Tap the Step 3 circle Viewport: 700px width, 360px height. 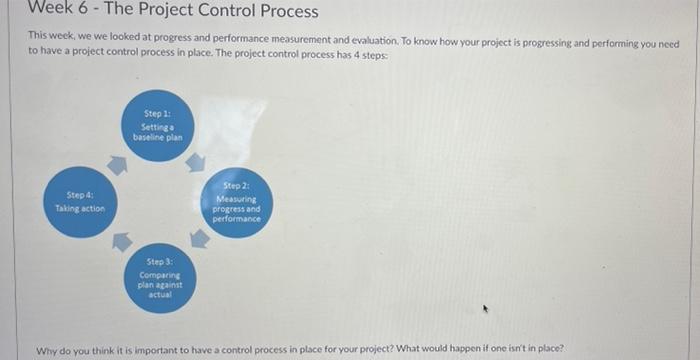pos(161,276)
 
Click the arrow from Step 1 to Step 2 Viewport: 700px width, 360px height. pos(196,161)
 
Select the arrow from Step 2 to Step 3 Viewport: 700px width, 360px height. pos(200,239)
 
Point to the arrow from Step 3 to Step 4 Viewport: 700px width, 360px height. pos(122,241)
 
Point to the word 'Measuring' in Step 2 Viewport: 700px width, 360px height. pos(237,199)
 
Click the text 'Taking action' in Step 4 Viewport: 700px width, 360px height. pos(80,208)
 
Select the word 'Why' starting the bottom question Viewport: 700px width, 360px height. pos(46,350)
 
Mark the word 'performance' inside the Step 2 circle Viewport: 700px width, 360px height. pos(237,219)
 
